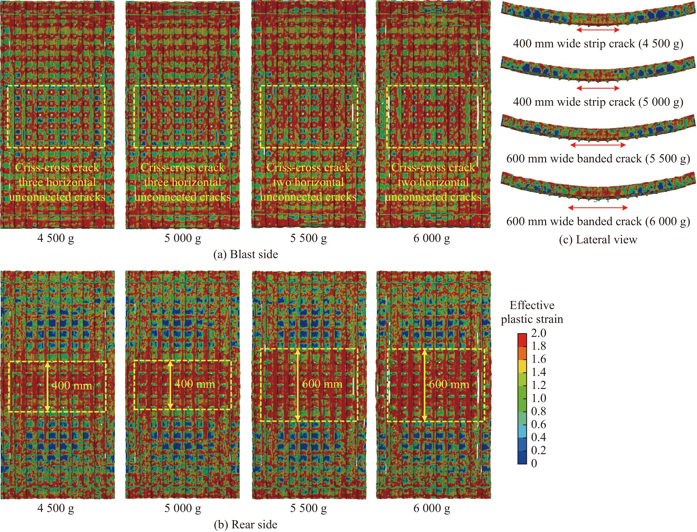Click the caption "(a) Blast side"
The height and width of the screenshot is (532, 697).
pyautogui.click(x=246, y=254)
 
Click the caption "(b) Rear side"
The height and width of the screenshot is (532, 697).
pyautogui.click(x=246, y=524)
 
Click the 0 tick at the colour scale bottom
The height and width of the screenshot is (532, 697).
pyautogui.click(x=534, y=463)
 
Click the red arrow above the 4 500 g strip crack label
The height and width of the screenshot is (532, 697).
pyautogui.click(x=598, y=30)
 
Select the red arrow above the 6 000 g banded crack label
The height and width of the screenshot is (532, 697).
pyautogui.click(x=598, y=208)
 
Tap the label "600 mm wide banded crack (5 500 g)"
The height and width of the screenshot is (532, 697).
pyautogui.click(x=598, y=158)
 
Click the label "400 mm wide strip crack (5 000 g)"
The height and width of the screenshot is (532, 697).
pyautogui.click(x=598, y=102)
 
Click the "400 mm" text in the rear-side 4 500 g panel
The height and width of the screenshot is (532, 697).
pyautogui.click(x=72, y=385)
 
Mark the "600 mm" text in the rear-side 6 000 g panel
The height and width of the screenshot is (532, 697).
pyautogui.click(x=449, y=384)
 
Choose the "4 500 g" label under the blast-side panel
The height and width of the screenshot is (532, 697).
pyautogui.click(x=56, y=238)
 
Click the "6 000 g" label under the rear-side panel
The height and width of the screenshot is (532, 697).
pyautogui.click(x=432, y=508)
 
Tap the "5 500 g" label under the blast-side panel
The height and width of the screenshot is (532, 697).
pyautogui.click(x=308, y=238)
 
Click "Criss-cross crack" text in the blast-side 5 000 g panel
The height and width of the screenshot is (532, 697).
pyautogui.click(x=183, y=167)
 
